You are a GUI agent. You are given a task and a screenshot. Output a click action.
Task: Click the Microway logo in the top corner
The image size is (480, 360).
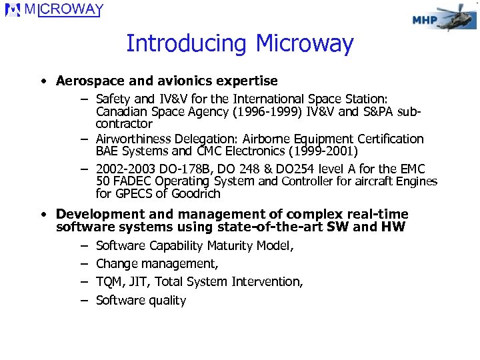tap(53, 11)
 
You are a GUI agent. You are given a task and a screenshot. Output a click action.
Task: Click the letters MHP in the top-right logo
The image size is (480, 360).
tap(425, 20)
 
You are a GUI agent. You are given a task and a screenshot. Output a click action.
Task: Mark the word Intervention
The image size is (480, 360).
tap(267, 282)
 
